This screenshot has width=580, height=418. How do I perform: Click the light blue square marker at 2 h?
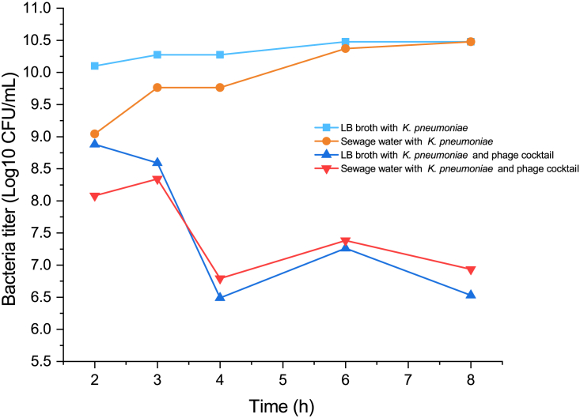tap(95, 66)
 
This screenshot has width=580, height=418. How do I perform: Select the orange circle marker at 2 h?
tap(95, 134)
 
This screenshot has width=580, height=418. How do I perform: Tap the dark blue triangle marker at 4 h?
tap(220, 297)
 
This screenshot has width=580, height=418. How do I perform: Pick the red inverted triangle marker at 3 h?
tap(157, 179)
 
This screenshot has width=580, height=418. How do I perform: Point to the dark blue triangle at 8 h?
tap(471, 295)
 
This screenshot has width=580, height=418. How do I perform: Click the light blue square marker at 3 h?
tap(157, 55)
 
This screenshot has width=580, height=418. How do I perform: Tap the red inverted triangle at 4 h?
tap(220, 279)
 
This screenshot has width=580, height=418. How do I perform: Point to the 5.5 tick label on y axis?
tap(43, 361)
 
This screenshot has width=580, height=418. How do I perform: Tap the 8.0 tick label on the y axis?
tap(43, 201)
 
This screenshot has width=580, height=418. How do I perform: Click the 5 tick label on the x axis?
tap(282, 379)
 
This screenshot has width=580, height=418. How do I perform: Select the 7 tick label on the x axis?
tap(408, 379)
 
